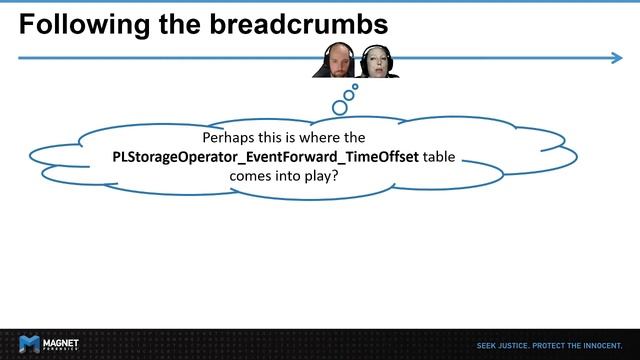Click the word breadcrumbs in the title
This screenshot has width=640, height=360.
click(x=301, y=24)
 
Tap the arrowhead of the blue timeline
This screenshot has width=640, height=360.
click(x=616, y=58)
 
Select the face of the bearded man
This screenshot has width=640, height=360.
click(x=335, y=61)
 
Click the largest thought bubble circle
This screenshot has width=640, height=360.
click(x=339, y=107)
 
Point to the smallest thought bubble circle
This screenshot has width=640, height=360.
click(x=355, y=87)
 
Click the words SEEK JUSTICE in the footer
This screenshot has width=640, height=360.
click(x=500, y=344)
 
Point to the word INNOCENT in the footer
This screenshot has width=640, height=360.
click(x=605, y=344)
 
